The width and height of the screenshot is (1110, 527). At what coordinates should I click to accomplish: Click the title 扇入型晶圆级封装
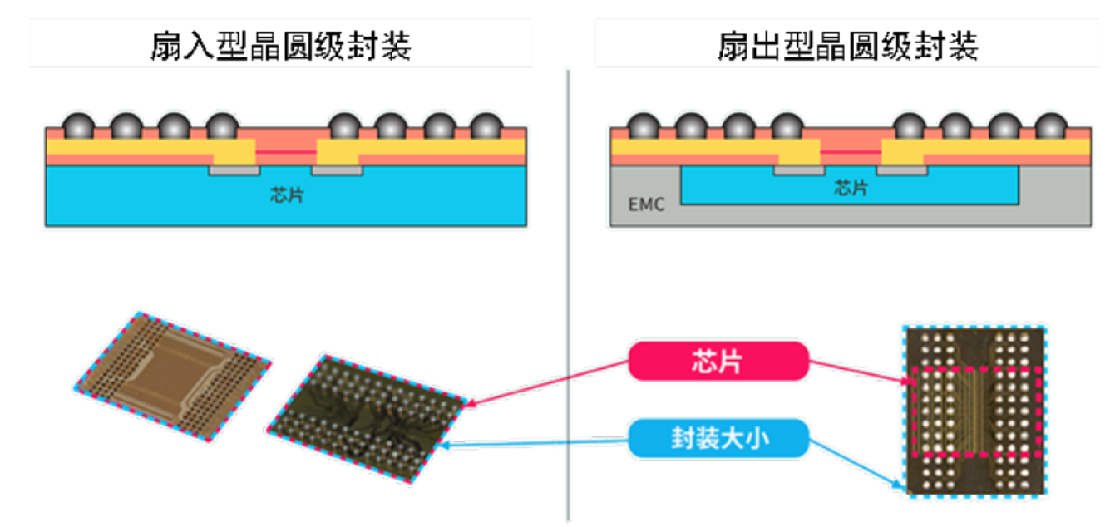click(281, 47)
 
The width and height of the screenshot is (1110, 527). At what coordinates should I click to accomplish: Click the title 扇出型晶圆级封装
click(848, 47)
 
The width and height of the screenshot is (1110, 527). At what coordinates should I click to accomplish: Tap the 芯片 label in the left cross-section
click(285, 197)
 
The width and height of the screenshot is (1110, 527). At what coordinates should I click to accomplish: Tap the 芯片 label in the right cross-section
click(850, 189)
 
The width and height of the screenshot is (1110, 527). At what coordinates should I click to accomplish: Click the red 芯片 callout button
click(718, 362)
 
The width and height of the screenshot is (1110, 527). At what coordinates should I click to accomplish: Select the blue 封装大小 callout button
click(718, 437)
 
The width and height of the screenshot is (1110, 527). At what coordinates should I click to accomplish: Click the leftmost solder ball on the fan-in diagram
click(78, 126)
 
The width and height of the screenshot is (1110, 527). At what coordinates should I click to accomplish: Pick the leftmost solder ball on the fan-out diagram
click(644, 126)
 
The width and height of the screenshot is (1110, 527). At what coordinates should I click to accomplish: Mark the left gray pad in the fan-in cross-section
click(233, 170)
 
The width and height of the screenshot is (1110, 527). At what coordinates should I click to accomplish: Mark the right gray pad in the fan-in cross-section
click(337, 170)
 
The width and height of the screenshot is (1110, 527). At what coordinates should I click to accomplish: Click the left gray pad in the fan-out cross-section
click(798, 170)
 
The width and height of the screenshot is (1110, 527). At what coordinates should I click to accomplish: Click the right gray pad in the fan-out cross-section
click(903, 170)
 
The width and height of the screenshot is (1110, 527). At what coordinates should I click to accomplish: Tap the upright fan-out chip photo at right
click(975, 411)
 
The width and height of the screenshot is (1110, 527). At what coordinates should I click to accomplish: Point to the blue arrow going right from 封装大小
click(856, 461)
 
